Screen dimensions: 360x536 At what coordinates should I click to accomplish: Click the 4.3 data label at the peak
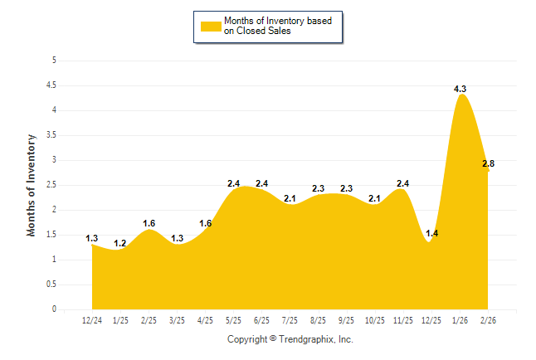coord(460,89)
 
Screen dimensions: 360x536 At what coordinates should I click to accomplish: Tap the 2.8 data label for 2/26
coord(489,164)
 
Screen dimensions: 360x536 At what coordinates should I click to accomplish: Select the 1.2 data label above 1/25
coord(120,244)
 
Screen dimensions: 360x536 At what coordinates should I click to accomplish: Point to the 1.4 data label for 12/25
coord(432,234)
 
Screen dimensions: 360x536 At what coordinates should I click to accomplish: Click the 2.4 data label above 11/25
coord(403,183)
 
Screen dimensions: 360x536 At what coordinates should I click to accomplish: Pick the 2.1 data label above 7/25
coord(290,198)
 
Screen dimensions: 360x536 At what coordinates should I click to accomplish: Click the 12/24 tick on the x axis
coord(92,321)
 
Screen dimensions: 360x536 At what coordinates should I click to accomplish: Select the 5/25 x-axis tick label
coord(234,321)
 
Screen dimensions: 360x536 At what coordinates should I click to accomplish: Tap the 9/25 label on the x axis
coord(347,321)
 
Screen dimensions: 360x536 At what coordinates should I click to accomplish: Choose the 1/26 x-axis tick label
coord(460,321)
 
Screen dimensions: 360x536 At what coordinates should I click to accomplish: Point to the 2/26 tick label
coord(489,321)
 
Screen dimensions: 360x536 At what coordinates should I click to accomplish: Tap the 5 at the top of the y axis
coord(55,60)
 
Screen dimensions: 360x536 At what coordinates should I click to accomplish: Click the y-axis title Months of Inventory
coord(32,184)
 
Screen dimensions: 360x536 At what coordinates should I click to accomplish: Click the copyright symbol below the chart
coord(273,339)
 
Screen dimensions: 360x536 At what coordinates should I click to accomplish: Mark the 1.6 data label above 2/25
coord(149,223)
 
